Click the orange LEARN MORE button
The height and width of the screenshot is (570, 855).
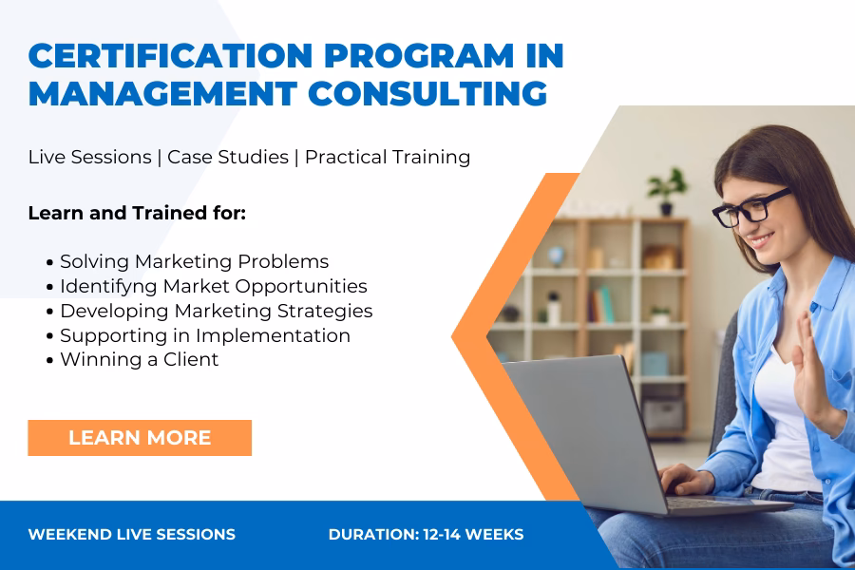(x=140, y=438)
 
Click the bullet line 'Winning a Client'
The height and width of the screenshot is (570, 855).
(x=139, y=359)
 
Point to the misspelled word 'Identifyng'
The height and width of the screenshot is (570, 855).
(x=105, y=286)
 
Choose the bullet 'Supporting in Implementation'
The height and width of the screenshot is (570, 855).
(x=204, y=335)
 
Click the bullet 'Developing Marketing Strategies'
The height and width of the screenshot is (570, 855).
(x=216, y=311)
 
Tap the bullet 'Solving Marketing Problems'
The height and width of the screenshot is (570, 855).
(x=194, y=261)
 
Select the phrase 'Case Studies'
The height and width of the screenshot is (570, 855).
(x=228, y=157)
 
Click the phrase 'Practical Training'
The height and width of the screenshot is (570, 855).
(x=388, y=157)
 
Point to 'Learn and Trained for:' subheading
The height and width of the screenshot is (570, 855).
(x=137, y=213)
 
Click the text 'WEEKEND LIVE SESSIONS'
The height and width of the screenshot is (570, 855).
(x=132, y=535)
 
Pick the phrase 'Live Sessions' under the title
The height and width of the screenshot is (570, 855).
(x=89, y=157)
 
